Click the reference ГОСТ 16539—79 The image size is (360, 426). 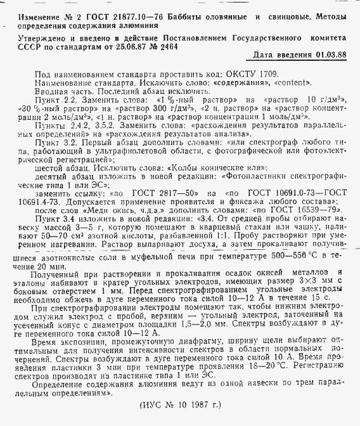(309, 209)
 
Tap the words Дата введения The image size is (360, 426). (274, 56)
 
